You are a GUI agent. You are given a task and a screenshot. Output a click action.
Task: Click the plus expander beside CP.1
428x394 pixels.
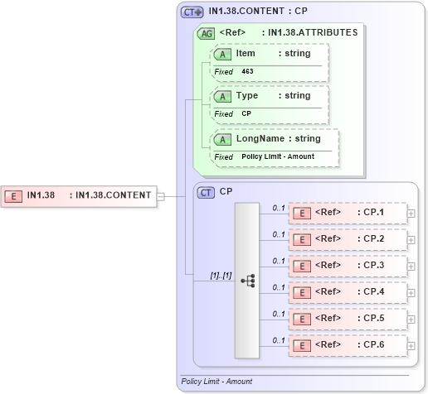411,213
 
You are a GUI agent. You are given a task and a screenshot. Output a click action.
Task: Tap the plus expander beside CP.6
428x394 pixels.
411,345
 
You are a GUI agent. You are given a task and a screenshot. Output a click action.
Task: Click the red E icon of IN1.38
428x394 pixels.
14,196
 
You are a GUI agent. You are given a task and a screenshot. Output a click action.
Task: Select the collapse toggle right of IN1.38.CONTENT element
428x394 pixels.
161,196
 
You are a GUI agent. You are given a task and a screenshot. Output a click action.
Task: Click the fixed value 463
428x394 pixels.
247,72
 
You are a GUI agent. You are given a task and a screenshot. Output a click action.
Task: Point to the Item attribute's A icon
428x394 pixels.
222,54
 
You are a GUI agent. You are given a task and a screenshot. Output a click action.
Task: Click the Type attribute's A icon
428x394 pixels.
222,96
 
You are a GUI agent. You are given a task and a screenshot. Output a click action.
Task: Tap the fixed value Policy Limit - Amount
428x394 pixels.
278,156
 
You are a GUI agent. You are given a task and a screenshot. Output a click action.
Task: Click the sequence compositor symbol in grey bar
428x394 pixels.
247,281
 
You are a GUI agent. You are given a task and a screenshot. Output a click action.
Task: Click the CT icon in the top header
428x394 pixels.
192,12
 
